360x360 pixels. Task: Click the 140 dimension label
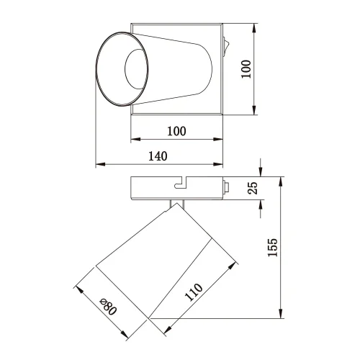point(158,156)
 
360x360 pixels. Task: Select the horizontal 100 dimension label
point(176,131)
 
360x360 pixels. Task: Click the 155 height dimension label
point(271,249)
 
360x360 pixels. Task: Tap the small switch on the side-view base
point(225,189)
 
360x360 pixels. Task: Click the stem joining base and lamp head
point(176,205)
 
